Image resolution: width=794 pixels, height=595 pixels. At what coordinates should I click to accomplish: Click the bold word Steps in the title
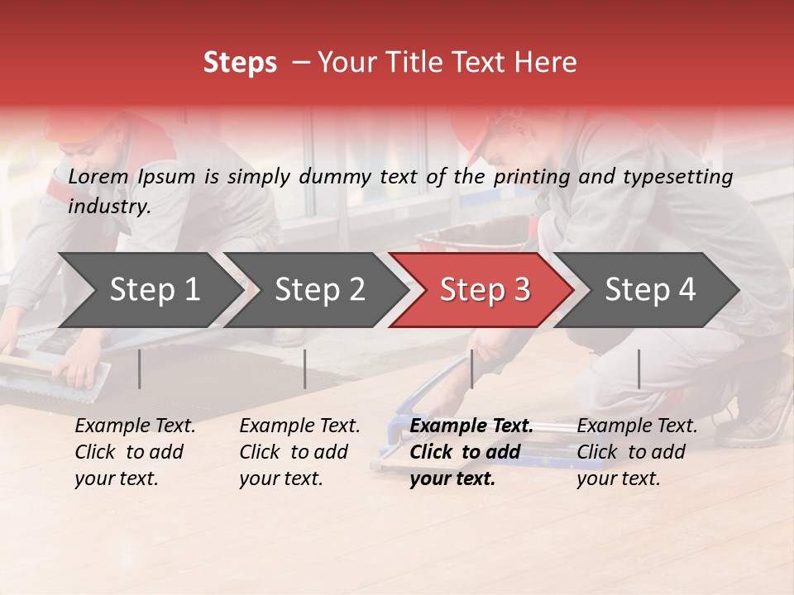click(x=240, y=63)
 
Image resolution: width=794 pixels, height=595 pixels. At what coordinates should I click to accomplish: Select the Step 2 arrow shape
click(x=314, y=290)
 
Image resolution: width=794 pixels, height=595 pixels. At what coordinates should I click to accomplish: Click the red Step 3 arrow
click(x=481, y=290)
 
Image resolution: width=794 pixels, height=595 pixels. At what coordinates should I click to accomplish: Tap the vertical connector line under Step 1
click(x=140, y=369)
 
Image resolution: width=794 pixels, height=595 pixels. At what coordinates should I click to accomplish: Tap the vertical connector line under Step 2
click(x=305, y=369)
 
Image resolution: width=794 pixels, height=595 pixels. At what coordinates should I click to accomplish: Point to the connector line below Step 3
click(x=471, y=369)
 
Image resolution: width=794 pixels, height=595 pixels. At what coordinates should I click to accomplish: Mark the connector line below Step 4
click(x=639, y=369)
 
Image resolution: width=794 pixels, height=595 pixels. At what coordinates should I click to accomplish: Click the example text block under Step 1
click(x=135, y=452)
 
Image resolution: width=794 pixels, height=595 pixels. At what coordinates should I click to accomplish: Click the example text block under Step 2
click(x=299, y=452)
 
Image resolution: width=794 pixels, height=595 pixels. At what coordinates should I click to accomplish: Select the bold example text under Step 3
click(x=471, y=452)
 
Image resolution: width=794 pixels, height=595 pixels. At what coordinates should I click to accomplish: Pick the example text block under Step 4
click(x=636, y=452)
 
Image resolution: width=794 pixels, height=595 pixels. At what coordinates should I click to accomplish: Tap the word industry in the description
click(x=108, y=207)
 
